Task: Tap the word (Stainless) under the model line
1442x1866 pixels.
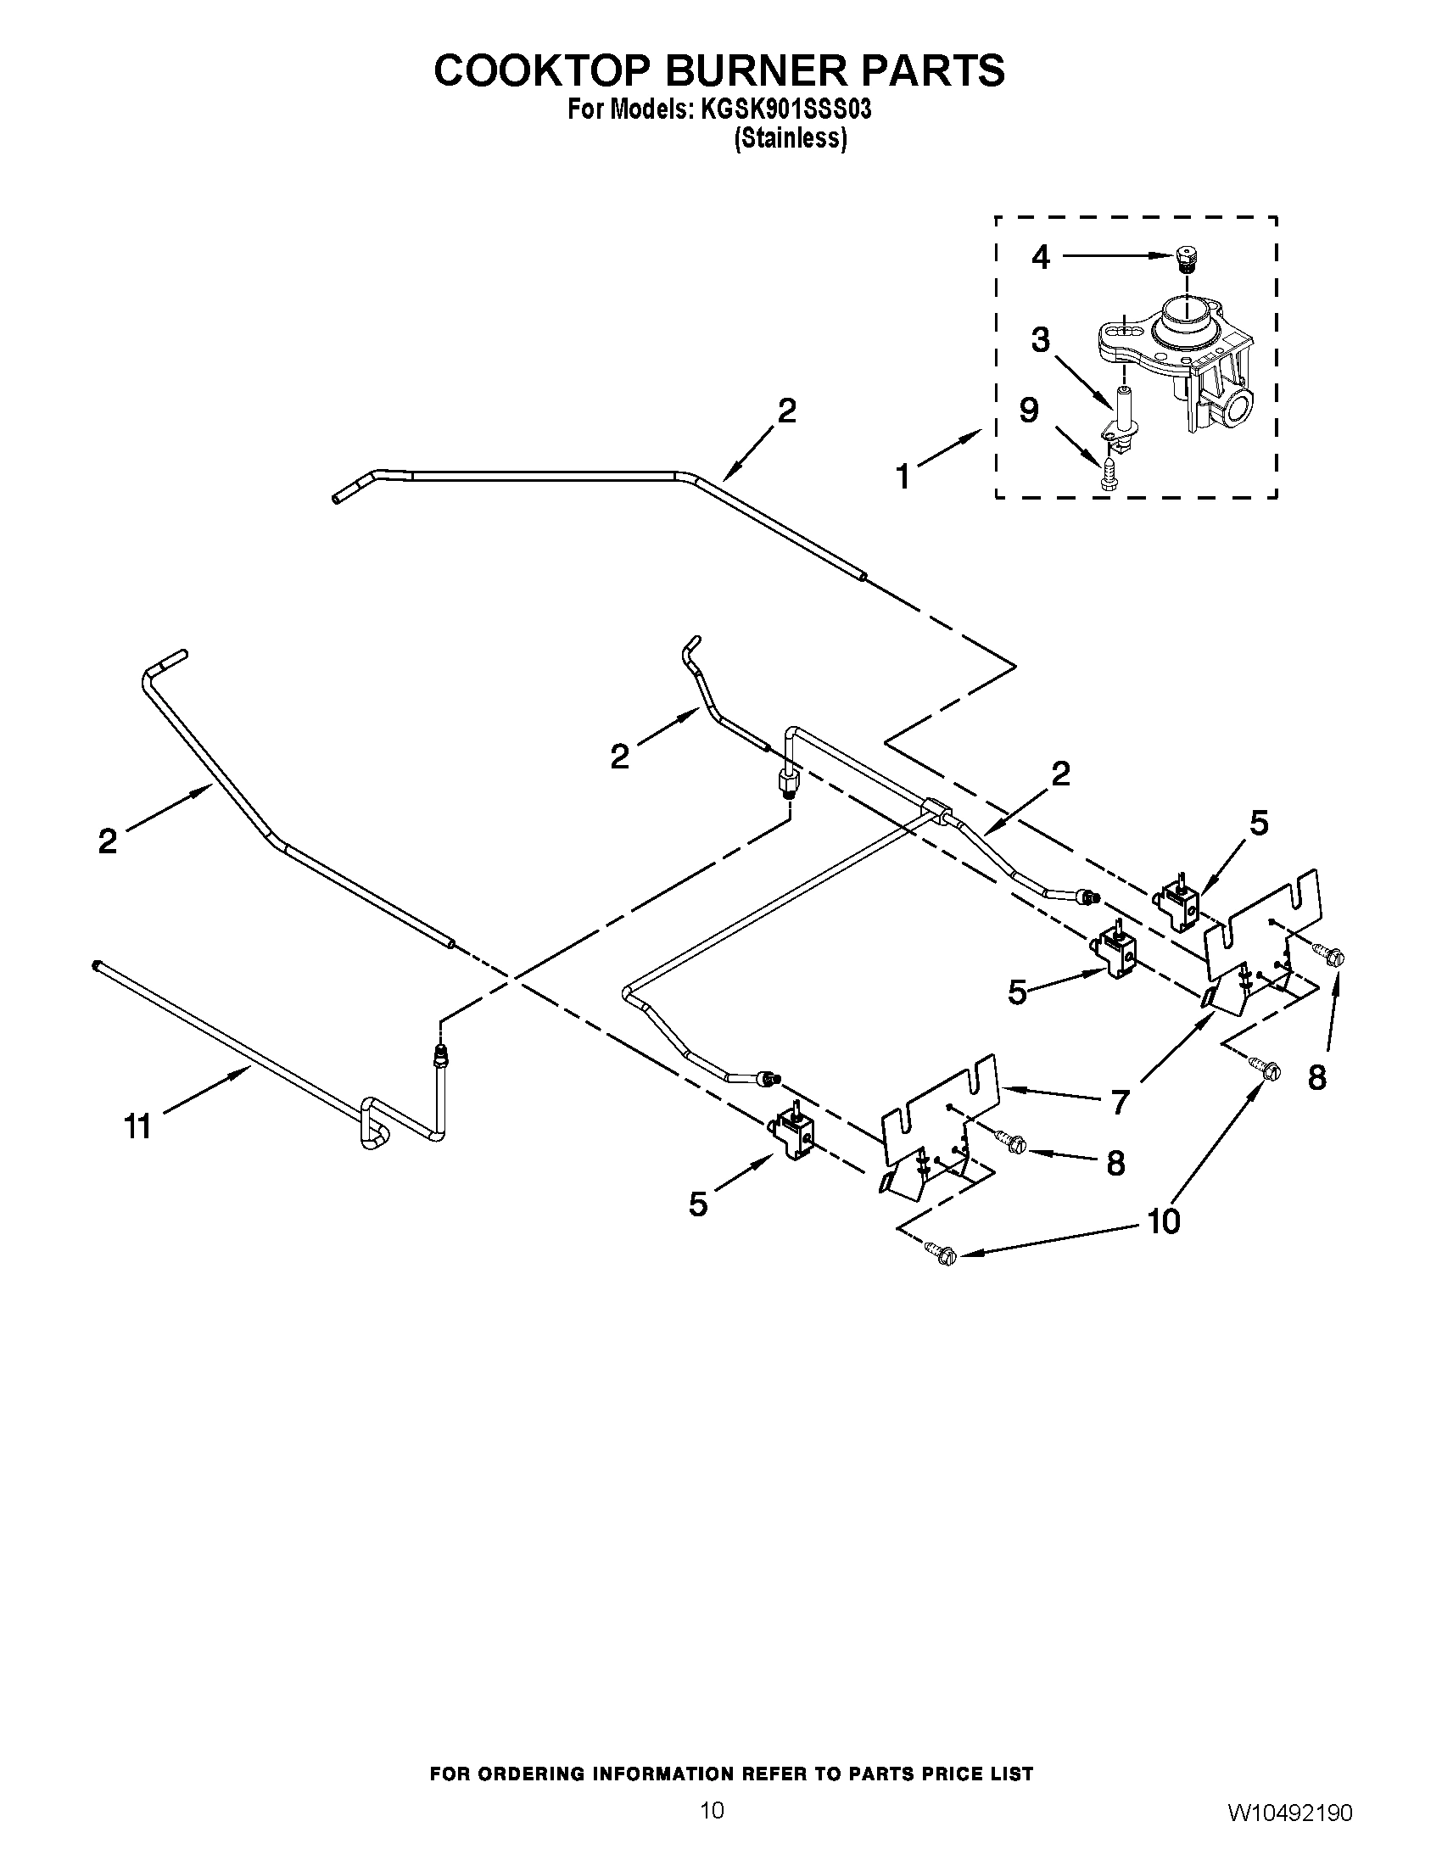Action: (791, 138)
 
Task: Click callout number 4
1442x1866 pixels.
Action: (1040, 256)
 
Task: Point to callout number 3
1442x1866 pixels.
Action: (1040, 340)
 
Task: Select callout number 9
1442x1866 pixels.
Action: (1030, 411)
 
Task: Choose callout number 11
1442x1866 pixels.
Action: (137, 1126)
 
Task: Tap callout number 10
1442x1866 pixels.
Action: (1164, 1221)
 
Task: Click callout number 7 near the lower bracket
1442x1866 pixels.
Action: (1121, 1102)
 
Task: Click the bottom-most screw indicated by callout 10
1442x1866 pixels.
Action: (942, 1254)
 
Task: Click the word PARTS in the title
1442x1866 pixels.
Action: (932, 71)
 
